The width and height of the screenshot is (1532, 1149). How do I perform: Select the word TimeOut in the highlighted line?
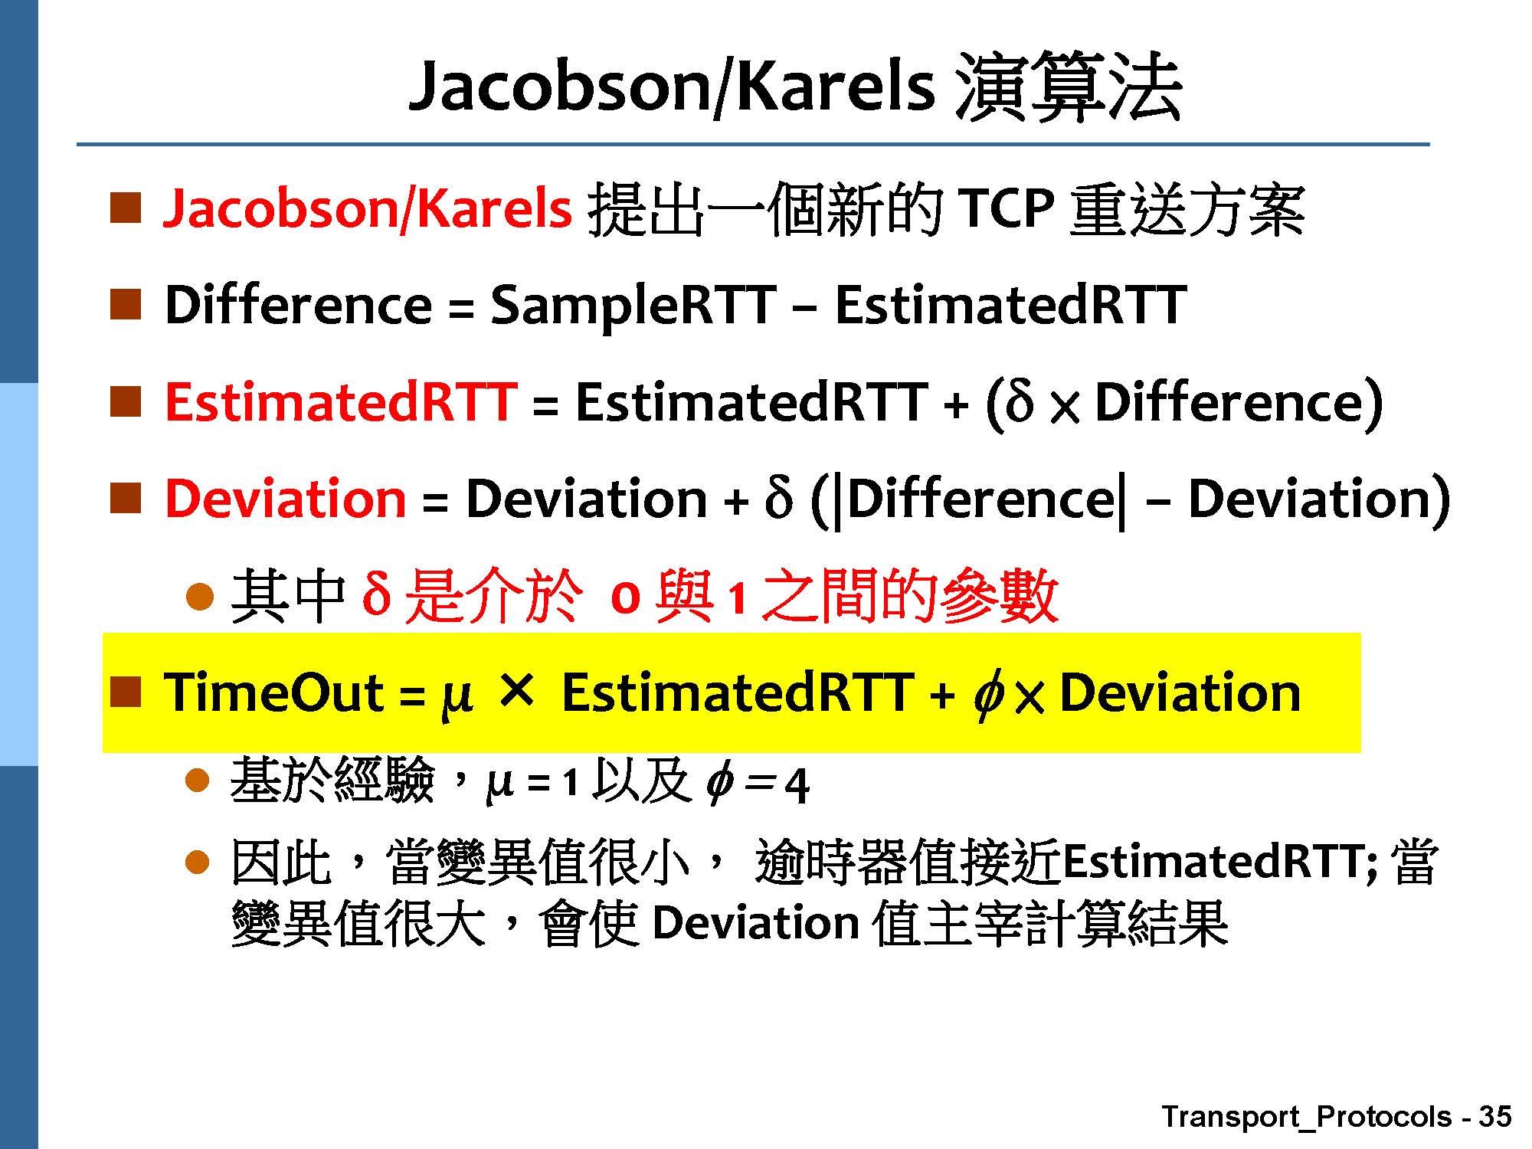pos(273,693)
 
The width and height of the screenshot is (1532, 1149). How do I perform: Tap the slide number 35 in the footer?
pos(1494,1116)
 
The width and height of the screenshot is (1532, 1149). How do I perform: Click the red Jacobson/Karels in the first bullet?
pos(368,208)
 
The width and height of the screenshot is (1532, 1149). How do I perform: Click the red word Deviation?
pos(285,499)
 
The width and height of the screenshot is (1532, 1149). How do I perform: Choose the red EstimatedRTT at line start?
pos(340,401)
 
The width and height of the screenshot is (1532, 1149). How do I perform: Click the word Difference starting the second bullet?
pos(299,305)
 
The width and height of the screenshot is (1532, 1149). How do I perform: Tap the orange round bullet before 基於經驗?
pos(198,781)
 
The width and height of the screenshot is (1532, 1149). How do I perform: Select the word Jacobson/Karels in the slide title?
pos(672,87)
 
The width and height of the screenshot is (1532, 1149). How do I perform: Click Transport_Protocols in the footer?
pos(1306,1117)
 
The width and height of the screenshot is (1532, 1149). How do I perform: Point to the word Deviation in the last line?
pos(755,923)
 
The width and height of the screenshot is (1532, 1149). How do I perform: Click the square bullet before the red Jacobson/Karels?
pos(126,208)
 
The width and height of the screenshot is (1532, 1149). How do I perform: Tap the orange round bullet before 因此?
pos(198,863)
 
